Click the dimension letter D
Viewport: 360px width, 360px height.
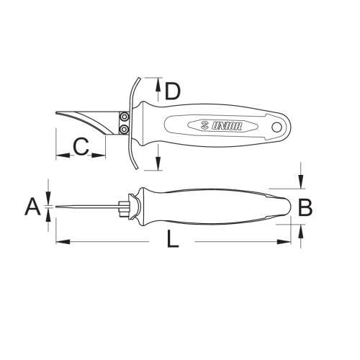[172, 91]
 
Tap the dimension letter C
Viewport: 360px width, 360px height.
[81, 146]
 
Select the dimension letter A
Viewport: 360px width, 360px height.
[32, 207]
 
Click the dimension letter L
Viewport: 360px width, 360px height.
[173, 239]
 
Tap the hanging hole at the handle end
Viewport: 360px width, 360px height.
[277, 127]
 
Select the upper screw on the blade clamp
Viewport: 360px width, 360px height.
[124, 117]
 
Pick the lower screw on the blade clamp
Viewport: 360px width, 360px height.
[124, 130]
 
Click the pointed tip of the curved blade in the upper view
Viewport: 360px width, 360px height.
[56, 113]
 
